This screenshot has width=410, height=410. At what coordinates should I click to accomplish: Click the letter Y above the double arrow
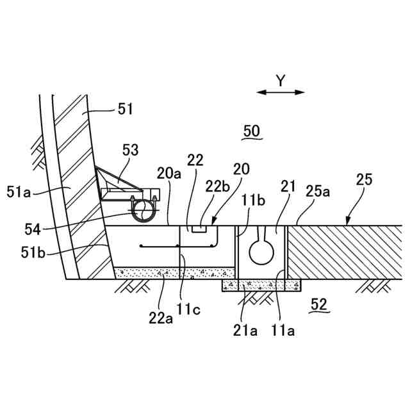[x=280, y=80]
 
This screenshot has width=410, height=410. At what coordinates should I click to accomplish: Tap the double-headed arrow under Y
[x=281, y=92]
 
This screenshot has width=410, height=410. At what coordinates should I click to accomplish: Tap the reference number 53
[x=130, y=151]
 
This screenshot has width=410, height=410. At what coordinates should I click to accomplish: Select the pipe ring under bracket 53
[x=143, y=210]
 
